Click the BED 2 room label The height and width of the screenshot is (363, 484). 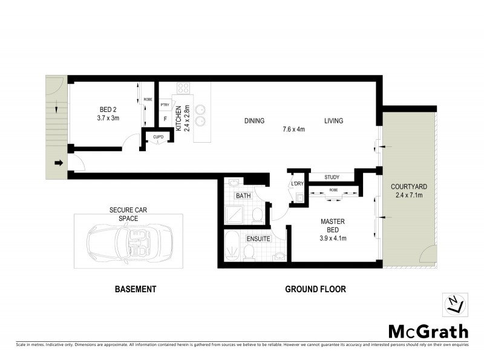[108, 110]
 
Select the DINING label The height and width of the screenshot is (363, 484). [255, 121]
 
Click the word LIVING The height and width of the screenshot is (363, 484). [333, 121]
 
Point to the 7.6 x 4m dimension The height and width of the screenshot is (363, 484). [293, 129]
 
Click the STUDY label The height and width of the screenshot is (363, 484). [331, 177]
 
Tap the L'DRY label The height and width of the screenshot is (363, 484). [297, 184]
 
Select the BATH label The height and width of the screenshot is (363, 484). [243, 196]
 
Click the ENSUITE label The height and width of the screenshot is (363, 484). [258, 239]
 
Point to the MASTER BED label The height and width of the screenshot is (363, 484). [332, 226]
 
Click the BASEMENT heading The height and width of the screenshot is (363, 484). [136, 289]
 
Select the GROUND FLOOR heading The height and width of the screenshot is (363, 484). [315, 289]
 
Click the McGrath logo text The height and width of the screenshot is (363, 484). [428, 332]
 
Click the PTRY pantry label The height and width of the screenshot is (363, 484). [165, 105]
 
